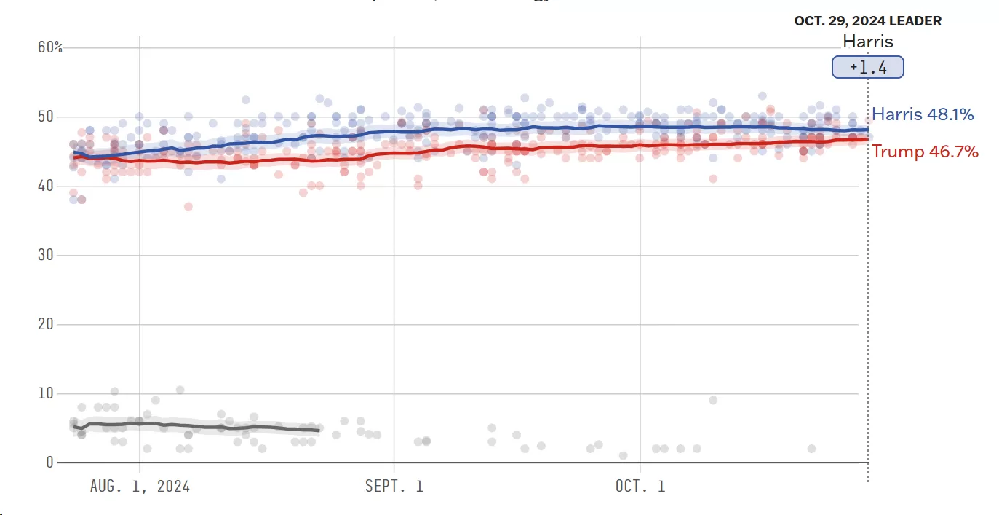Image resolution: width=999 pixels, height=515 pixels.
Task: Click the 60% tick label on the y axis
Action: point(49,47)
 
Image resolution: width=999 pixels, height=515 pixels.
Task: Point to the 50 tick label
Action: point(45,117)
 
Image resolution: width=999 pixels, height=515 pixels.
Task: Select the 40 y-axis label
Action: point(45,186)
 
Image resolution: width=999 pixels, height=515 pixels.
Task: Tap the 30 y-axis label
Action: point(45,255)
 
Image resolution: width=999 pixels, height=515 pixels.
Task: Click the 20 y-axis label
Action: point(45,324)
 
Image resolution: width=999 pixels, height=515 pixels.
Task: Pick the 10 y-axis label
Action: point(45,393)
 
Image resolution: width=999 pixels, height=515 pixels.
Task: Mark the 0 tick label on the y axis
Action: point(49,463)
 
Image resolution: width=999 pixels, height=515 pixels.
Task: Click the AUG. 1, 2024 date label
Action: point(140,486)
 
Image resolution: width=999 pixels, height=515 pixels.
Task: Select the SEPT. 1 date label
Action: point(394,486)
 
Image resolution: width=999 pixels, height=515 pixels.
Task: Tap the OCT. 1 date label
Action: point(640,486)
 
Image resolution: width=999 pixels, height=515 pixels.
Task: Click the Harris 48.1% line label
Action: point(923,114)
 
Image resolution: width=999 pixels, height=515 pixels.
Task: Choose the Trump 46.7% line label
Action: point(925,152)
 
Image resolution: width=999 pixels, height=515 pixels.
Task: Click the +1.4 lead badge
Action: point(867,68)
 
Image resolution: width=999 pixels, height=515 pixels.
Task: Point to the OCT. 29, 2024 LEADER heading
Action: point(867,21)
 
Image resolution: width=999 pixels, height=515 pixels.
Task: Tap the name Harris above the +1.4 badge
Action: point(867,42)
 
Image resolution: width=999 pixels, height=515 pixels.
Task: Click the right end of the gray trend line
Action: point(319,431)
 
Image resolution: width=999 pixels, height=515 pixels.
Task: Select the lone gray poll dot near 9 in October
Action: point(713,400)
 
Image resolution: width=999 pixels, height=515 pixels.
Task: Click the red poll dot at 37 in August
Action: point(188,206)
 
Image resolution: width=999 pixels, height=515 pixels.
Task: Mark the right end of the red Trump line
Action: point(867,139)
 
